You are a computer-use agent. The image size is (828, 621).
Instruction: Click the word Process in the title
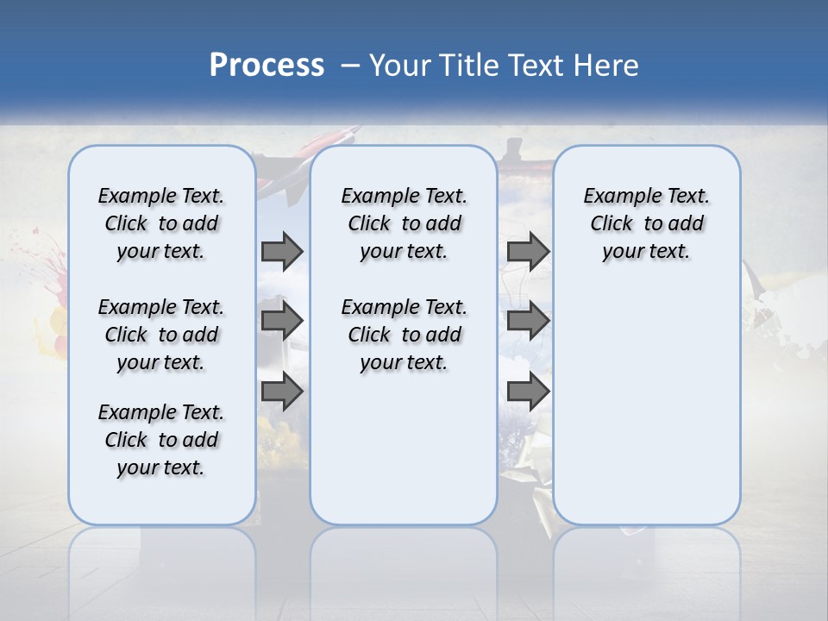click(267, 66)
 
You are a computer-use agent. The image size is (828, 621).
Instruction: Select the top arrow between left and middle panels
click(282, 251)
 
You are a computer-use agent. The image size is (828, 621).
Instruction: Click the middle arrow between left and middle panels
click(282, 321)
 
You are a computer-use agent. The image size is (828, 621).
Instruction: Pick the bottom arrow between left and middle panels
click(282, 392)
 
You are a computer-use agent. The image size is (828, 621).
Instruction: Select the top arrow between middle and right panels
click(528, 251)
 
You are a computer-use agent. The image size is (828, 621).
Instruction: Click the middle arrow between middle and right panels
click(528, 321)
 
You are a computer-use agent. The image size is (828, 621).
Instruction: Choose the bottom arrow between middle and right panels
click(528, 392)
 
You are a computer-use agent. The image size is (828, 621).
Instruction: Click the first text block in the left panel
click(161, 223)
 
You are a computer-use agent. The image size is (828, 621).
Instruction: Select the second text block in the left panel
click(161, 335)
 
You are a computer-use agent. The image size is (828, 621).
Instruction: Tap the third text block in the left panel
click(161, 440)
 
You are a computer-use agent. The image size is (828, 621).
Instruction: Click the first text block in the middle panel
click(404, 223)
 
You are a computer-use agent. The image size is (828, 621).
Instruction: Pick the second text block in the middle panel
click(404, 335)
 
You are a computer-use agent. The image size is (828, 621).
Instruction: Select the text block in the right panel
click(646, 223)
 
